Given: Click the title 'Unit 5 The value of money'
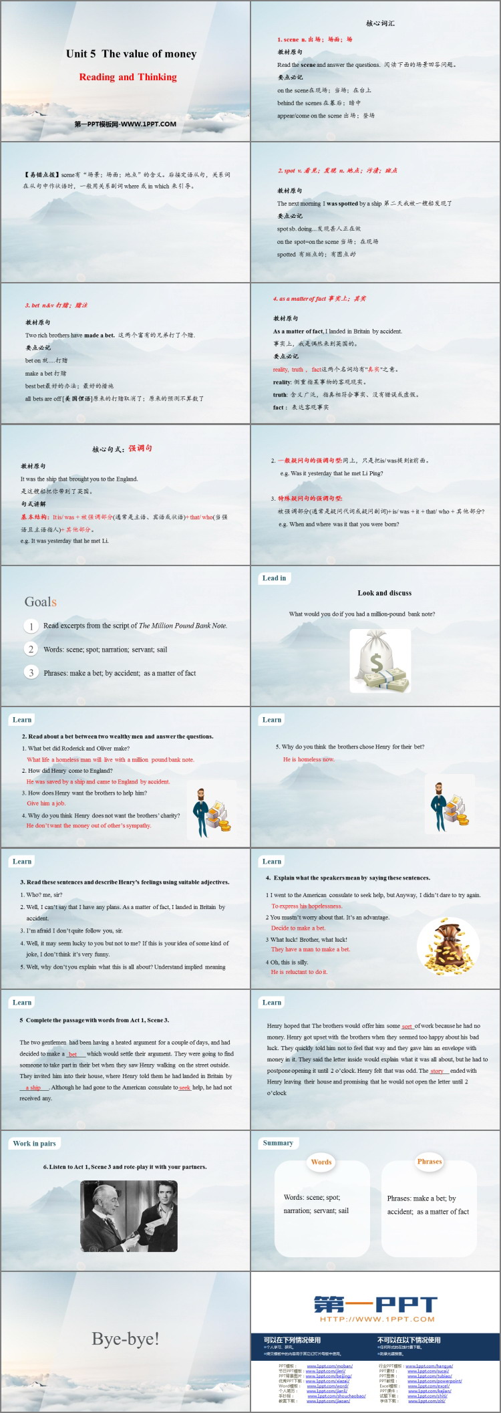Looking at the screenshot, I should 131,54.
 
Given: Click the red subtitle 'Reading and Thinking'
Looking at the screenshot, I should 128,77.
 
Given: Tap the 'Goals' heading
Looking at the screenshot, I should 40,602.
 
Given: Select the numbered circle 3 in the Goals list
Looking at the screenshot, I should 31,672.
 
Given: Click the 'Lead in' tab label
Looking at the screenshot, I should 274,578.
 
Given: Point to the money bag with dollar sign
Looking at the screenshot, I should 376,662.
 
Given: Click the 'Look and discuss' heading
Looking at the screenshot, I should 384,593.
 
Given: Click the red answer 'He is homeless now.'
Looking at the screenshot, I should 309,759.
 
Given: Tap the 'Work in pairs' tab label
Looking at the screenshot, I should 35,1144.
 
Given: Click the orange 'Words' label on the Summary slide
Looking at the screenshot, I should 321,1162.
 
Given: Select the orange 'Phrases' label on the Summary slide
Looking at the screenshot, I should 430,1161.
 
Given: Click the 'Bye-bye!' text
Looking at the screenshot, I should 126,1338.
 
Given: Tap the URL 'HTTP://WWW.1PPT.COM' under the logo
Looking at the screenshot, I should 377,1319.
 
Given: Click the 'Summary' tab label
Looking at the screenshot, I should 278,1143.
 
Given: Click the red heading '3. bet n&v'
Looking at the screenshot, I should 57,305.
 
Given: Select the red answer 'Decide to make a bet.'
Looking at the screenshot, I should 298,928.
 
